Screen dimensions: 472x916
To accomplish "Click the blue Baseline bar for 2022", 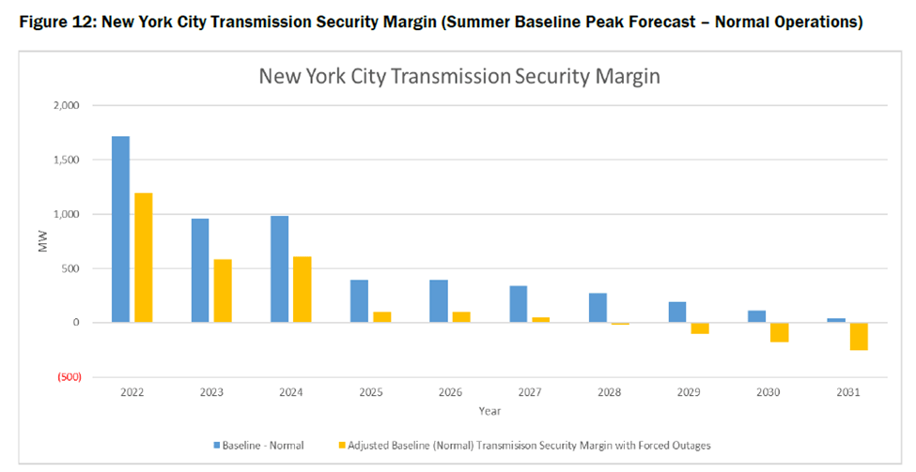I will (120, 230).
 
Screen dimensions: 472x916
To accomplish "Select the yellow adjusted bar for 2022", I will (143, 258).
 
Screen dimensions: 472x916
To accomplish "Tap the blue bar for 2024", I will (279, 269).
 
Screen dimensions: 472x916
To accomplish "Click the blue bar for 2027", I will (518, 304).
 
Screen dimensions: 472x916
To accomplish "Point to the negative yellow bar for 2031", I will (858, 336).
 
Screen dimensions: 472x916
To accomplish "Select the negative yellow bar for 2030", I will (779, 332).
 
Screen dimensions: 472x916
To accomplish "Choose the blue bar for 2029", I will (677, 312).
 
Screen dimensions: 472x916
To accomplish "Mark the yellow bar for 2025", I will (381, 317).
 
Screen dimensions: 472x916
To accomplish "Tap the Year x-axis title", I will (489, 411).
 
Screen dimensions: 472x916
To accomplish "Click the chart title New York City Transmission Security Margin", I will (459, 77).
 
